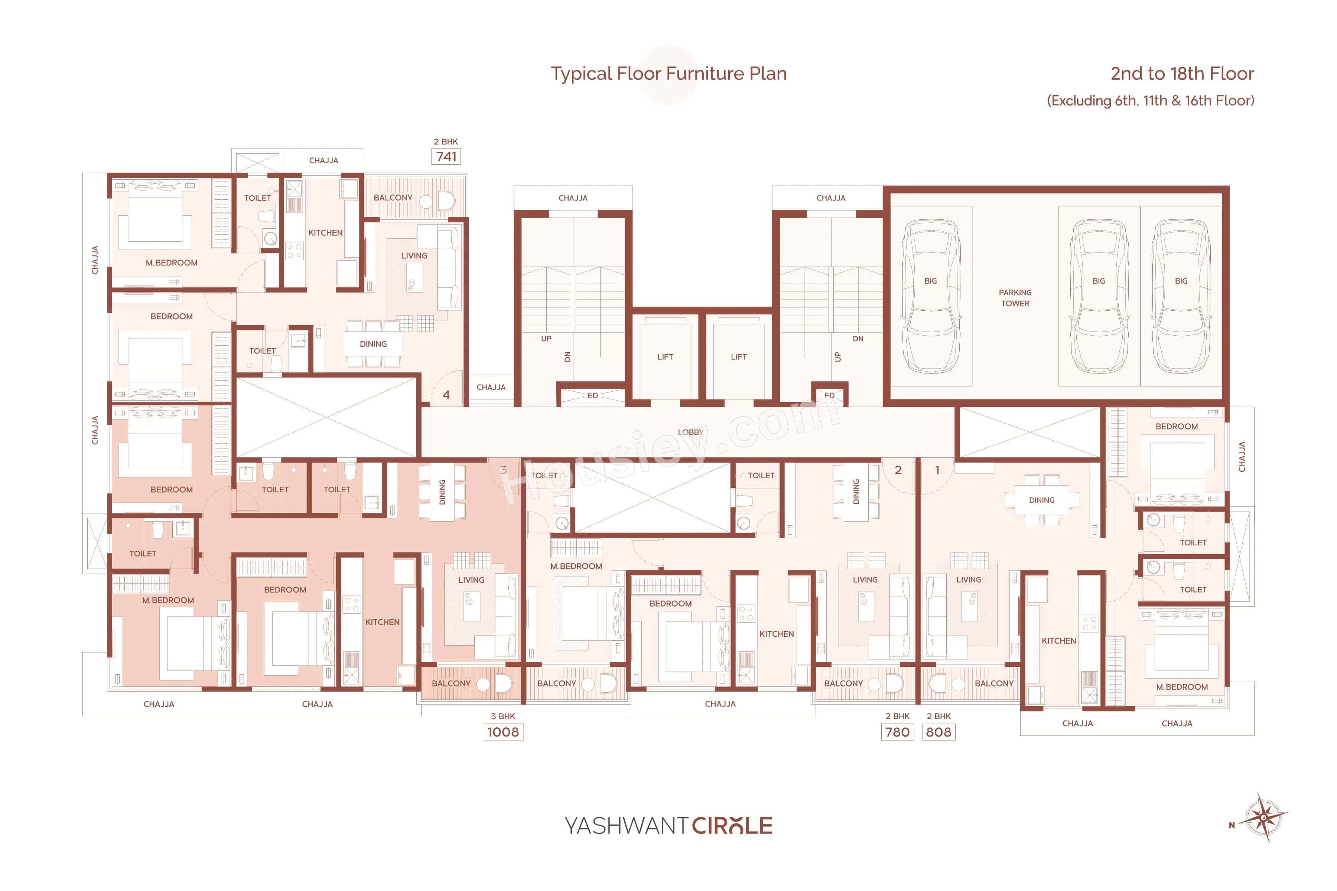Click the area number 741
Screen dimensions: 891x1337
[446, 156]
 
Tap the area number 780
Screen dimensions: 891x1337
[897, 732]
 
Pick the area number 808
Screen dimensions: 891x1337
[938, 732]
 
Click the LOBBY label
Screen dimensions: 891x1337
[690, 433]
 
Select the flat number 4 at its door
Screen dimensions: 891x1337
[446, 394]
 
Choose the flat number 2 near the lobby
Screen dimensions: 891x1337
[898, 470]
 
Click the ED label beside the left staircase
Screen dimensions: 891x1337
[592, 395]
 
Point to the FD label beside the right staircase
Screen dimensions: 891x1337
[829, 395]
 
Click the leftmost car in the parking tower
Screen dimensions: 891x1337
[931, 296]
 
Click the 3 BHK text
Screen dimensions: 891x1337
[502, 716]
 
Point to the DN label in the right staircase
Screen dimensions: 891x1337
[858, 339]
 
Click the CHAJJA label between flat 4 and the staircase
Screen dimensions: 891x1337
[491, 387]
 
